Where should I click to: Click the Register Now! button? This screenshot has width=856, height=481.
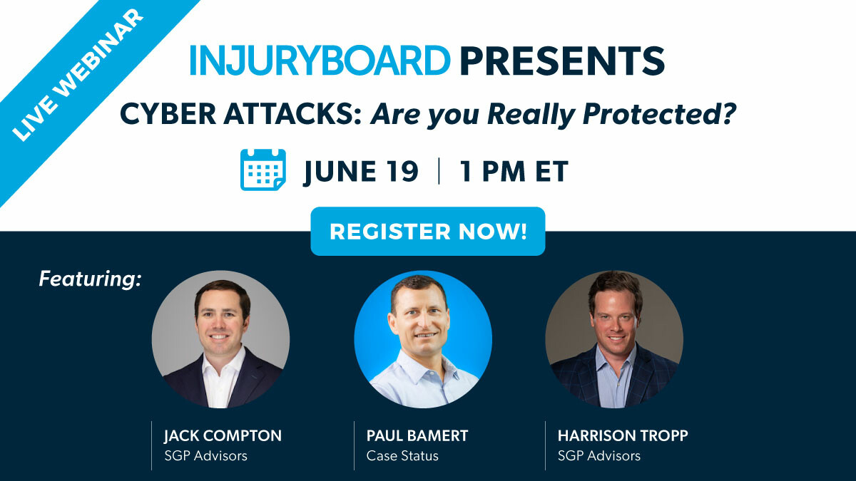coord(427,232)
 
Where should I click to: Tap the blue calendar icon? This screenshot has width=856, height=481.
coord(263,170)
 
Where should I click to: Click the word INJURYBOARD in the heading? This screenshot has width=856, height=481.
coord(320,61)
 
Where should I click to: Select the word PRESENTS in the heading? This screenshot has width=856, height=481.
coord(562,61)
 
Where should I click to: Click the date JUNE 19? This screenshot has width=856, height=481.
coord(361,172)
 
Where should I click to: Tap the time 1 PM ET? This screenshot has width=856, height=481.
coord(514,171)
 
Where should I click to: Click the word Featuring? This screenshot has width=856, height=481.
coord(90,279)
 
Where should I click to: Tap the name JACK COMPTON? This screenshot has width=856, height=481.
coord(223,435)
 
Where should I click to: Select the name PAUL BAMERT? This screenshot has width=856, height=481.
coord(417,435)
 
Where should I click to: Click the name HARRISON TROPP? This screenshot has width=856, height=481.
coord(623,435)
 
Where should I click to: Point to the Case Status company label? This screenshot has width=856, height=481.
coord(402,456)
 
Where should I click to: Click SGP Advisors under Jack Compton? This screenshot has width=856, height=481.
coord(205,456)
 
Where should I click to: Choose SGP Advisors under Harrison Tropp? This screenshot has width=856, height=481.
coord(598,456)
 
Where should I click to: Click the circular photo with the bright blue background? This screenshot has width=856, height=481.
coord(423,339)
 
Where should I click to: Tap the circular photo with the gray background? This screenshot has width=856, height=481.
coord(220,339)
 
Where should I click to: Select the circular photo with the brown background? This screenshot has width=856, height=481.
coord(614,339)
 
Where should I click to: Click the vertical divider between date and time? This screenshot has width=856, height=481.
coord(439,171)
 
